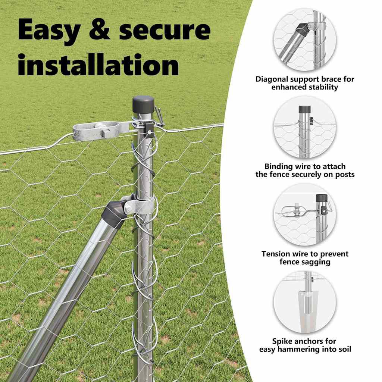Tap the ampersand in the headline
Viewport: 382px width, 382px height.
pyautogui.click(x=100, y=29)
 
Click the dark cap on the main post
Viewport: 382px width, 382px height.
pyautogui.click(x=144, y=105)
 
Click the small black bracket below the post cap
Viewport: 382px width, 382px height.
pyautogui.click(x=148, y=129)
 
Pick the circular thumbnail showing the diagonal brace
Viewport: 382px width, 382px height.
pyautogui.click(x=305, y=40)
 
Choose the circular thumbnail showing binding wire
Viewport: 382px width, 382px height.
pyautogui.click(x=305, y=128)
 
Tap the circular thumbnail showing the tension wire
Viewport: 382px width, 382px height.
pyautogui.click(x=305, y=215)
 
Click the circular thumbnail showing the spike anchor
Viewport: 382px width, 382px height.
pyautogui.click(x=305, y=302)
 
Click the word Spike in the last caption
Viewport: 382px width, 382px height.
pyautogui.click(x=282, y=341)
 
